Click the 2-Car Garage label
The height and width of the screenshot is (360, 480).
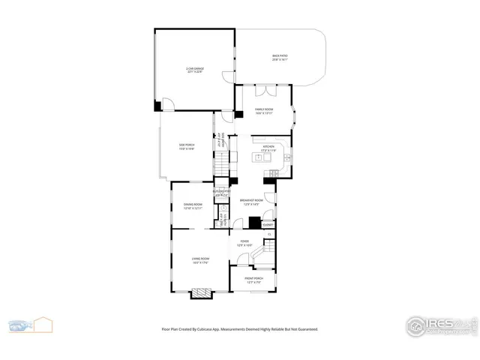tap(195, 70)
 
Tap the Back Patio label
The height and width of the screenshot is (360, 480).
tap(280, 57)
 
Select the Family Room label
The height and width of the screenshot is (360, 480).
tap(263, 111)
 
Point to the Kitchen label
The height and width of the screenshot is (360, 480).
tap(268, 148)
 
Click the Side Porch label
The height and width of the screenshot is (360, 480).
tap(186, 147)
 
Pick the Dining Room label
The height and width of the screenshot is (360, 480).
tap(193, 206)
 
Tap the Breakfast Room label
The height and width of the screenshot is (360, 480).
tap(251, 202)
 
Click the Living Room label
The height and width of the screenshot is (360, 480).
tap(199, 260)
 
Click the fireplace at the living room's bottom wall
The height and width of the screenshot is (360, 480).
tap(201, 293)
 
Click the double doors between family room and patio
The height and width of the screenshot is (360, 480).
tap(264, 91)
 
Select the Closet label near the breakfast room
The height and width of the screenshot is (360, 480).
tap(267, 224)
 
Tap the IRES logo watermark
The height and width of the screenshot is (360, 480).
tap(442, 325)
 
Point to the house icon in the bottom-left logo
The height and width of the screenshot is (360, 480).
tap(43, 324)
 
